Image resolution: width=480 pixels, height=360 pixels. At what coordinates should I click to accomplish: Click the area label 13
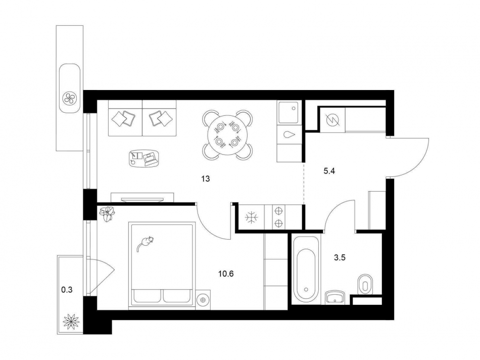[206, 178]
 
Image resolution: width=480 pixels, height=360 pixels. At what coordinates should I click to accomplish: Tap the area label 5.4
[329, 171]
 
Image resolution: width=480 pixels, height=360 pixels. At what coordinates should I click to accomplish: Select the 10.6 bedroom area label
[226, 274]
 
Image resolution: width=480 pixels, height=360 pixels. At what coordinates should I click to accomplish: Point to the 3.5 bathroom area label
[340, 258]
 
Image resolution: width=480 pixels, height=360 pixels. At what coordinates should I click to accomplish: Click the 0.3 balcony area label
[67, 290]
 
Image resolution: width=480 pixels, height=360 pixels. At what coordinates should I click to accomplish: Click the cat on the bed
[145, 243]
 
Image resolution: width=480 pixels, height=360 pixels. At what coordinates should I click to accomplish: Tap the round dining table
[227, 135]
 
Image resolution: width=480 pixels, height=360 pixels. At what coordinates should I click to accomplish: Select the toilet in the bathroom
[365, 284]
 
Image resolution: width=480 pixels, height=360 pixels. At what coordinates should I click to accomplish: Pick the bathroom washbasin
[335, 297]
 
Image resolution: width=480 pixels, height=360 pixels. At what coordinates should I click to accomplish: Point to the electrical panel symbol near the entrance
[332, 120]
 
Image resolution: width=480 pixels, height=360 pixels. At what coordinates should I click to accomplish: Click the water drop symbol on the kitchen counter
[289, 135]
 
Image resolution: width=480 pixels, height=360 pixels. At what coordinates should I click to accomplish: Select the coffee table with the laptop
[143, 158]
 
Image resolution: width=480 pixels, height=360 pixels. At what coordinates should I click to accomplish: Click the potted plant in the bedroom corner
[107, 213]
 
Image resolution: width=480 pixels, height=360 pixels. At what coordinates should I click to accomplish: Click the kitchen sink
[288, 112]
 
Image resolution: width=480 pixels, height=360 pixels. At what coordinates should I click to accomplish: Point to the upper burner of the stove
[278, 211]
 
